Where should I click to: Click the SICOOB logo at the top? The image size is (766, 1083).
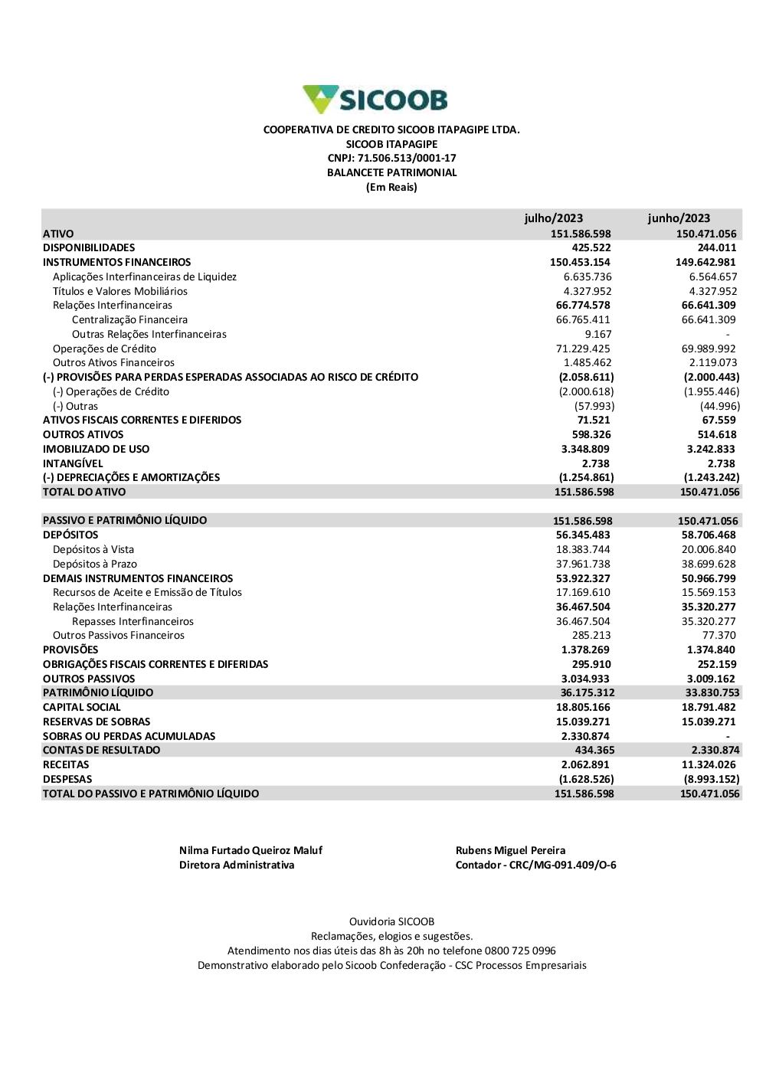[375, 100]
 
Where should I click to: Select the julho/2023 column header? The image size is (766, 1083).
[553, 218]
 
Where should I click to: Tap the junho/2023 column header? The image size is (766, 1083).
[679, 218]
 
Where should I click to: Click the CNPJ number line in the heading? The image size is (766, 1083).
[391, 159]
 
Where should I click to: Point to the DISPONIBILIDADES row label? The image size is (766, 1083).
[89, 248]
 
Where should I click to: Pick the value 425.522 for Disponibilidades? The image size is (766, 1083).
[591, 248]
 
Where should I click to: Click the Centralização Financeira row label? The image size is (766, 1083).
[129, 320]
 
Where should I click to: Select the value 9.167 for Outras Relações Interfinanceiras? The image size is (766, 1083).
[598, 335]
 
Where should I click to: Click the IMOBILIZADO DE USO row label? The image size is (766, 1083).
[97, 450]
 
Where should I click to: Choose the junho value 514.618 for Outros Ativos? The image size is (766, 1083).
[717, 435]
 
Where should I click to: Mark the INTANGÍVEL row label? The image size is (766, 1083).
[73, 464]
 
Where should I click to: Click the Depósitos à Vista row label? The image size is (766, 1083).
[93, 550]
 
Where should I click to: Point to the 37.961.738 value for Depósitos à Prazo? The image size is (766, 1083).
[583, 564]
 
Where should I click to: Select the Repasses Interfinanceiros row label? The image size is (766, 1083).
[133, 622]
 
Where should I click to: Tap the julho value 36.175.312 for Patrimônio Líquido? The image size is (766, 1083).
[588, 693]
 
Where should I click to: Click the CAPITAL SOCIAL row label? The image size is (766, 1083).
[82, 708]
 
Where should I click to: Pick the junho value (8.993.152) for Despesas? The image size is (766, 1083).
[712, 780]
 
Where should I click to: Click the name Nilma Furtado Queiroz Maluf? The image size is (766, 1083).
[250, 851]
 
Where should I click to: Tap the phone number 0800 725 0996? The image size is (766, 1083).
[520, 951]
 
